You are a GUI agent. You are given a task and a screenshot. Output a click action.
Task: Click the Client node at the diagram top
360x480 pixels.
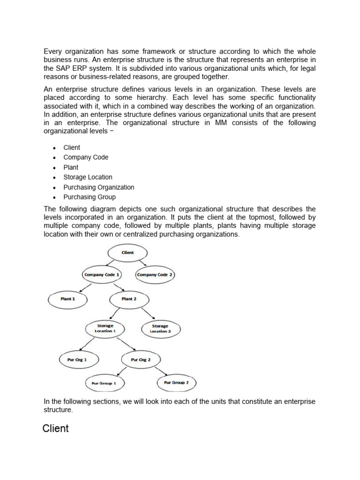tap(127, 253)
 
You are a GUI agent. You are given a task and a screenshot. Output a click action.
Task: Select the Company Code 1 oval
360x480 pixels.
tap(102, 275)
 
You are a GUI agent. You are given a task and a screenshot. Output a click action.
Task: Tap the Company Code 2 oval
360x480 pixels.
tap(155, 275)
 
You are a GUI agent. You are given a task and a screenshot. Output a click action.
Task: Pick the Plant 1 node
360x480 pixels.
tap(67, 299)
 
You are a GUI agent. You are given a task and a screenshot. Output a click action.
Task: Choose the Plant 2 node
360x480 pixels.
tap(129, 299)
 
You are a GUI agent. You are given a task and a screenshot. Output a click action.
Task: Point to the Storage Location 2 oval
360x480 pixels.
tap(160, 328)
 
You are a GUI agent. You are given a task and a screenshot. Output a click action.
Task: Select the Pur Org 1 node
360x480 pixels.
tap(77, 360)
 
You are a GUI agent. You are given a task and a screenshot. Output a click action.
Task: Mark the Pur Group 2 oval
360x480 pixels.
tap(176, 383)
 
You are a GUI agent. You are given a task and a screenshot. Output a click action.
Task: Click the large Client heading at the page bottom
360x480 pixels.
tap(55, 428)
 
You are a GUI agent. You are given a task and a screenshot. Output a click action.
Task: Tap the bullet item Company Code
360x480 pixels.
tap(86, 157)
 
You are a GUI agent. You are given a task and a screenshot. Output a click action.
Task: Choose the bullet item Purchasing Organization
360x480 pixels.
tap(98, 187)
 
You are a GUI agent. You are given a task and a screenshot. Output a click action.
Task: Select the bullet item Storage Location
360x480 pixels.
tap(88, 177)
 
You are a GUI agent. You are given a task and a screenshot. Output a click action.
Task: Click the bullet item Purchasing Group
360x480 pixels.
tap(89, 197)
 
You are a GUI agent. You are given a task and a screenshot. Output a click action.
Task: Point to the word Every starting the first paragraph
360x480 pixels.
tap(52, 52)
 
